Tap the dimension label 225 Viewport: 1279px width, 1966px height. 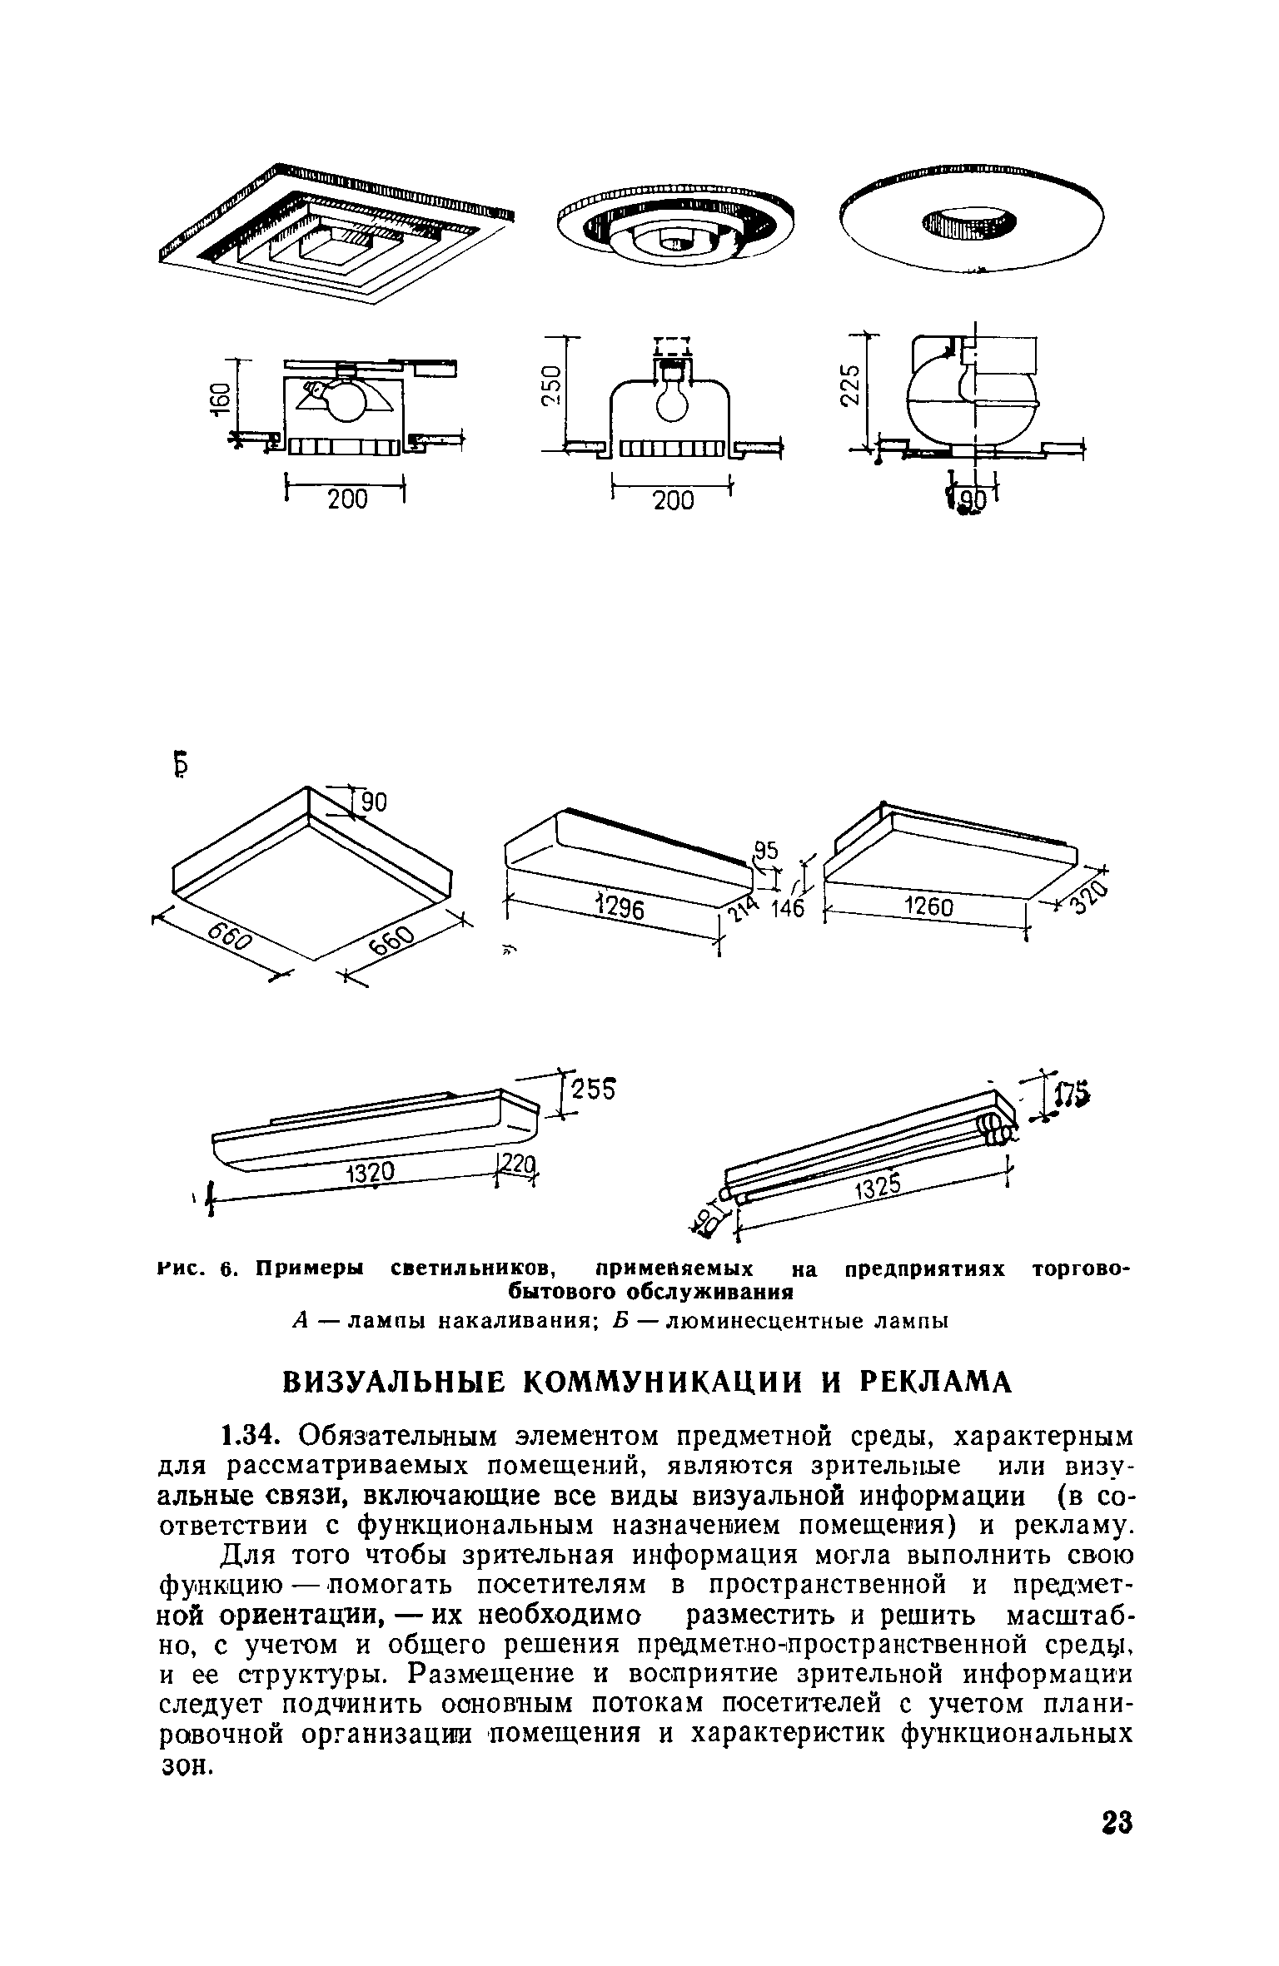[849, 385]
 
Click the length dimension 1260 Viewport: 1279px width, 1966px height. [928, 906]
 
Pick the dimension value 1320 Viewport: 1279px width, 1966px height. [370, 1174]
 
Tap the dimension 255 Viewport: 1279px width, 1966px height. [593, 1090]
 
